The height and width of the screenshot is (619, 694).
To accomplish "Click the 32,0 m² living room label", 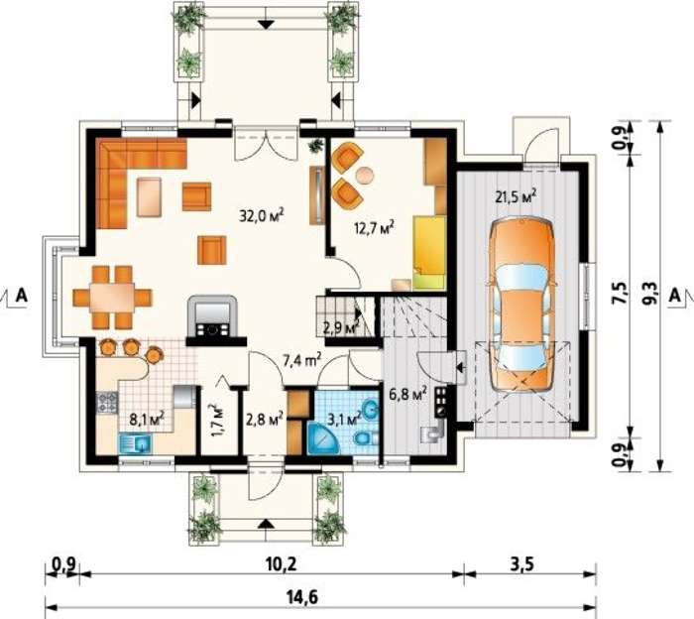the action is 261,215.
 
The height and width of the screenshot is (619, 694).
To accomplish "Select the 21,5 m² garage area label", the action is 517,196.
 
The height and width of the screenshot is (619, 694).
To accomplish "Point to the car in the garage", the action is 521,306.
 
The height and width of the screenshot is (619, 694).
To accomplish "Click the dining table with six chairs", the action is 112,298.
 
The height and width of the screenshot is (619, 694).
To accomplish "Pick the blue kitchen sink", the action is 136,443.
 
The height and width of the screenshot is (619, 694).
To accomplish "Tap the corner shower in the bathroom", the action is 322,437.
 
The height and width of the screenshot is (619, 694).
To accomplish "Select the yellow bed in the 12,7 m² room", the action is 429,253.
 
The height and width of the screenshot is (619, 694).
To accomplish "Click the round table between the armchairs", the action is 365,175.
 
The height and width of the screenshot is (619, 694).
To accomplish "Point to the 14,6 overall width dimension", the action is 303,598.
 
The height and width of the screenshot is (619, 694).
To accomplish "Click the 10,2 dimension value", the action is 281,564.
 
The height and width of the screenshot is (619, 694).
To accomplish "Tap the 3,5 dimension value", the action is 523,564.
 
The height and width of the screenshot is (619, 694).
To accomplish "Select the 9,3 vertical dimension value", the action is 648,294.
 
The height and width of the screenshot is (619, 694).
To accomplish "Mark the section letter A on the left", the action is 21,295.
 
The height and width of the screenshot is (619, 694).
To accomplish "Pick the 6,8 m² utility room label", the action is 407,393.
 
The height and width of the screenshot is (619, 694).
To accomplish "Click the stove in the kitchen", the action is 107,402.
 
